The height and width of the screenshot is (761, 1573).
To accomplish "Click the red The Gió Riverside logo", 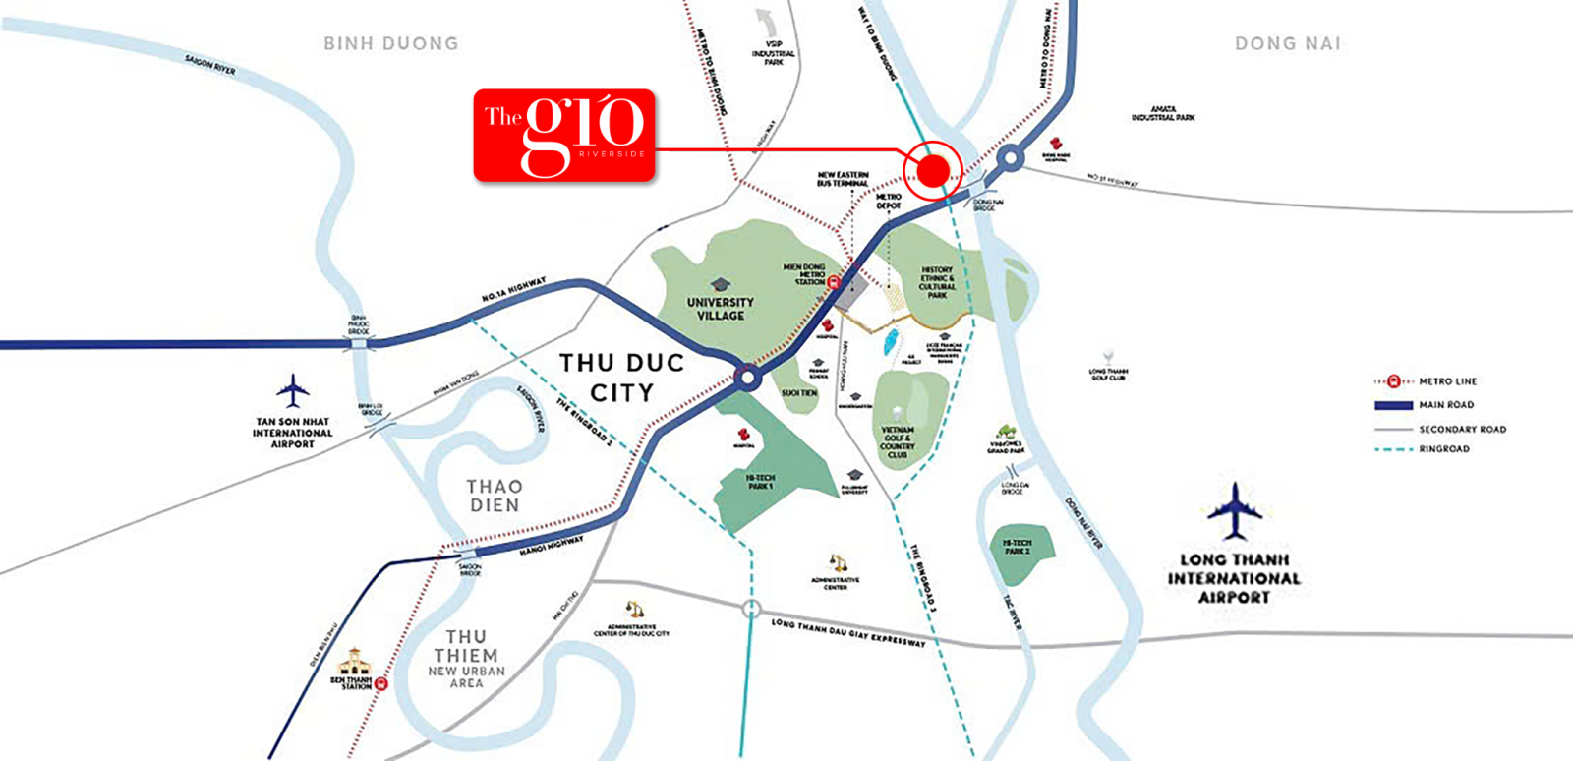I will click(x=564, y=136).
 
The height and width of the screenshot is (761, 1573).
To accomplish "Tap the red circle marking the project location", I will click(x=932, y=171).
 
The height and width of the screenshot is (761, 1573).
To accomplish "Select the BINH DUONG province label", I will click(x=391, y=43).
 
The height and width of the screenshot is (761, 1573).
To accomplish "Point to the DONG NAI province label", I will click(x=1287, y=43).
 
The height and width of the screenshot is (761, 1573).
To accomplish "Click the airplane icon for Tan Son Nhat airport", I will click(x=292, y=390).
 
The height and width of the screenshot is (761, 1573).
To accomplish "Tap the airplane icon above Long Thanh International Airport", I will click(x=1234, y=509).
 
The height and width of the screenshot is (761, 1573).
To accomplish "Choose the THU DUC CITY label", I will click(x=621, y=378).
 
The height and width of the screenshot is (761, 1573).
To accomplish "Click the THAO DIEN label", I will click(x=495, y=496).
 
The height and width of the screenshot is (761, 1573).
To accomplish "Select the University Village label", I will click(x=720, y=309).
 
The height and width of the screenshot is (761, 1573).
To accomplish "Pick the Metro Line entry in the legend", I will click(x=1446, y=381).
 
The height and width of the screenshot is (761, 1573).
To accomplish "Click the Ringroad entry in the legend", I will click(x=1443, y=449).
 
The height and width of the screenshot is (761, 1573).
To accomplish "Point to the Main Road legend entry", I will click(x=1445, y=405).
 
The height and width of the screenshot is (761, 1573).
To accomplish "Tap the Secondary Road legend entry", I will click(x=1461, y=429).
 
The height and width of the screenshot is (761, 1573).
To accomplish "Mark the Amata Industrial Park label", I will click(x=1163, y=114).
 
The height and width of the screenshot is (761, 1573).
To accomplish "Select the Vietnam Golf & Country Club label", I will click(x=897, y=442).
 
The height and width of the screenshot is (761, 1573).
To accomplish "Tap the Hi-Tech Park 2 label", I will click(x=1017, y=547).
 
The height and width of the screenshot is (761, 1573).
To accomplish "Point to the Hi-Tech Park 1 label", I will click(x=760, y=482).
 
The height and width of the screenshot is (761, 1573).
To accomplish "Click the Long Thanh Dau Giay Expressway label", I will click(x=847, y=632).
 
